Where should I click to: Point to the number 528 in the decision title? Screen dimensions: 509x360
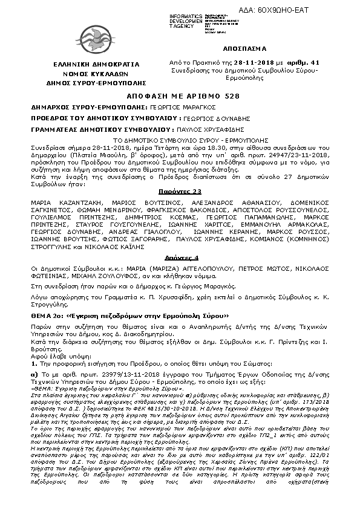(224, 96)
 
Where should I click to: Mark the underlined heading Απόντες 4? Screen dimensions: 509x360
(180, 257)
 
